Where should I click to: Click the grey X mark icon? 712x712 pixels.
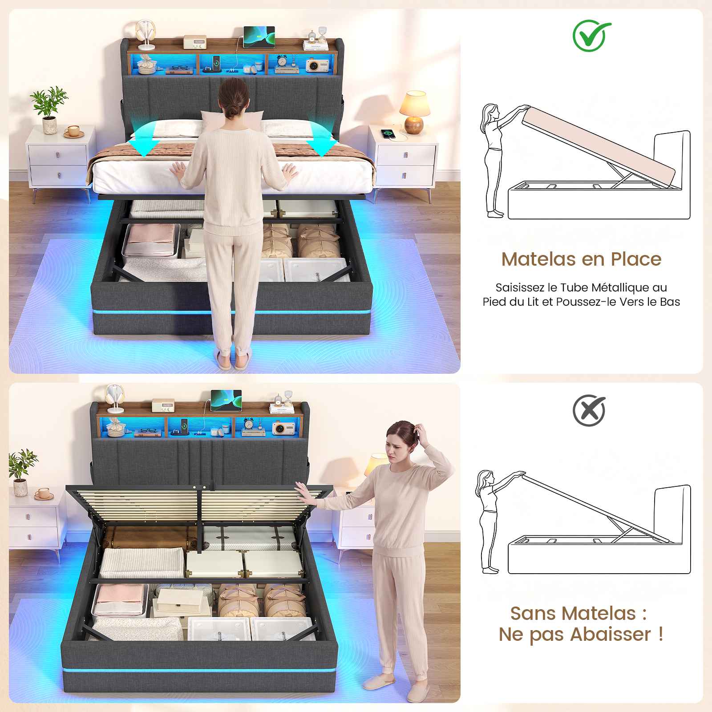pos(589,411)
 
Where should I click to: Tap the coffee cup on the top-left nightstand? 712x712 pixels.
pos(73,132)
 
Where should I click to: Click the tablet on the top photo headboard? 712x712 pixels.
pos(259,37)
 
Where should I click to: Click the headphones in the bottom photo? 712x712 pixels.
pos(114,397)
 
